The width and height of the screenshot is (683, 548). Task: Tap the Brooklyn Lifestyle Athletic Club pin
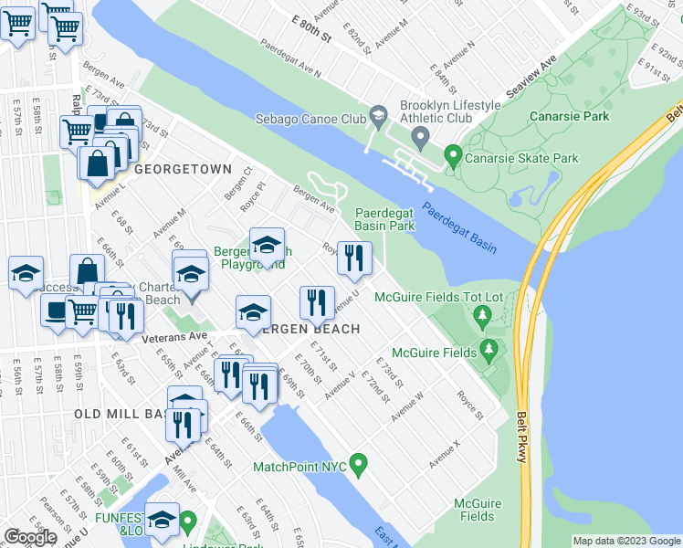click(421, 140)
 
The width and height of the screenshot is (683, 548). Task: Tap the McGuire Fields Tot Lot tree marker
click(482, 318)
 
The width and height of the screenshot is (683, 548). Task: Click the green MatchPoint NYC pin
click(359, 466)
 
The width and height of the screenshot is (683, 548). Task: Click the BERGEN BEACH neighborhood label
click(307, 329)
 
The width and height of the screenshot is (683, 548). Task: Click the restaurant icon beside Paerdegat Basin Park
click(354, 258)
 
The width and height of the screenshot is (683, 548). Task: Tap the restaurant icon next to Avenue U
click(316, 302)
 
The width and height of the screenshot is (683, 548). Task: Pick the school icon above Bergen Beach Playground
click(267, 244)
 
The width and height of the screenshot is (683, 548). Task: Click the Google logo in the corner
click(30, 537)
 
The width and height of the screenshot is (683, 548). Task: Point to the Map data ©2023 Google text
click(626, 541)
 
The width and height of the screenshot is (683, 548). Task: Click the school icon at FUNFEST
click(162, 520)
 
